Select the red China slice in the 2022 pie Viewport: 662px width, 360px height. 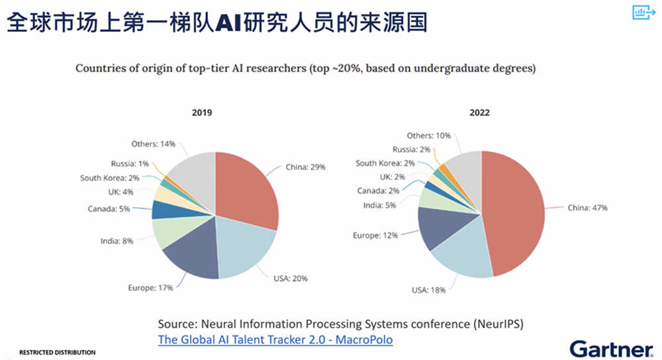pos(516,212)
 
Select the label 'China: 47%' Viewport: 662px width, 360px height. pos(587,208)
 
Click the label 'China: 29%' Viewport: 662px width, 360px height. pos(305,167)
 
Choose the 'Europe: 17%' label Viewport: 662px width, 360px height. pos(150,287)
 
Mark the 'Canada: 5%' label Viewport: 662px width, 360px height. pos(110,209)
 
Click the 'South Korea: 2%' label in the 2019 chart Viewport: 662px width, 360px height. pos(111,178)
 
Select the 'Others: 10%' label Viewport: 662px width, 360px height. pos(428,136)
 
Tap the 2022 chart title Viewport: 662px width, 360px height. pos(480,113)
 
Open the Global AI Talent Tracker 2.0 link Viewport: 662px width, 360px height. pos(275,339)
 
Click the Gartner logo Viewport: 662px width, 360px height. pos(611,349)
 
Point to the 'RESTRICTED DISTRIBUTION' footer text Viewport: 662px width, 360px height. pos(57,353)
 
